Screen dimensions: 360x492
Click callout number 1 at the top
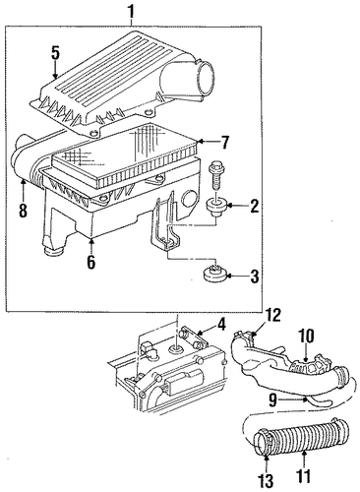131,12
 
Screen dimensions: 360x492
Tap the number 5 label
55,54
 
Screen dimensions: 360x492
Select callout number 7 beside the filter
224,143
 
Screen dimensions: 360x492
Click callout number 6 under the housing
90,262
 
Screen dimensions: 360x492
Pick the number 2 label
254,206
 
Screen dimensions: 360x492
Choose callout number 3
255,276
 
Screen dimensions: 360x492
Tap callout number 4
221,325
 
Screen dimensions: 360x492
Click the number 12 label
272,316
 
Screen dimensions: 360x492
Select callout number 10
305,337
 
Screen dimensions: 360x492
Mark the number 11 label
304,476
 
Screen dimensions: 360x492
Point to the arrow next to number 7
208,142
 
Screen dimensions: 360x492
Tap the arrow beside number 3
236,276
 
